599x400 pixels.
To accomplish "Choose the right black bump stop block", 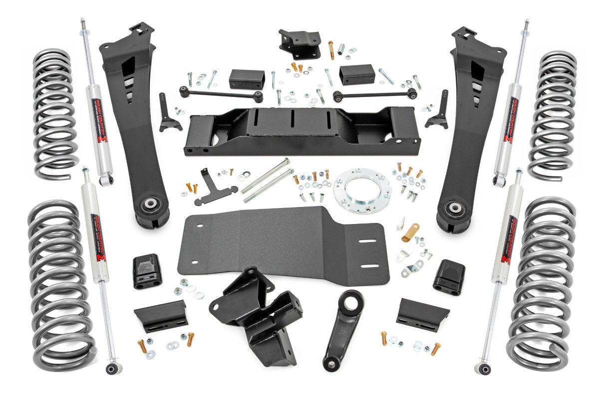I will (x=449, y=276).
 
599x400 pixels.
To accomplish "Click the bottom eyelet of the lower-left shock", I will (x=111, y=369).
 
